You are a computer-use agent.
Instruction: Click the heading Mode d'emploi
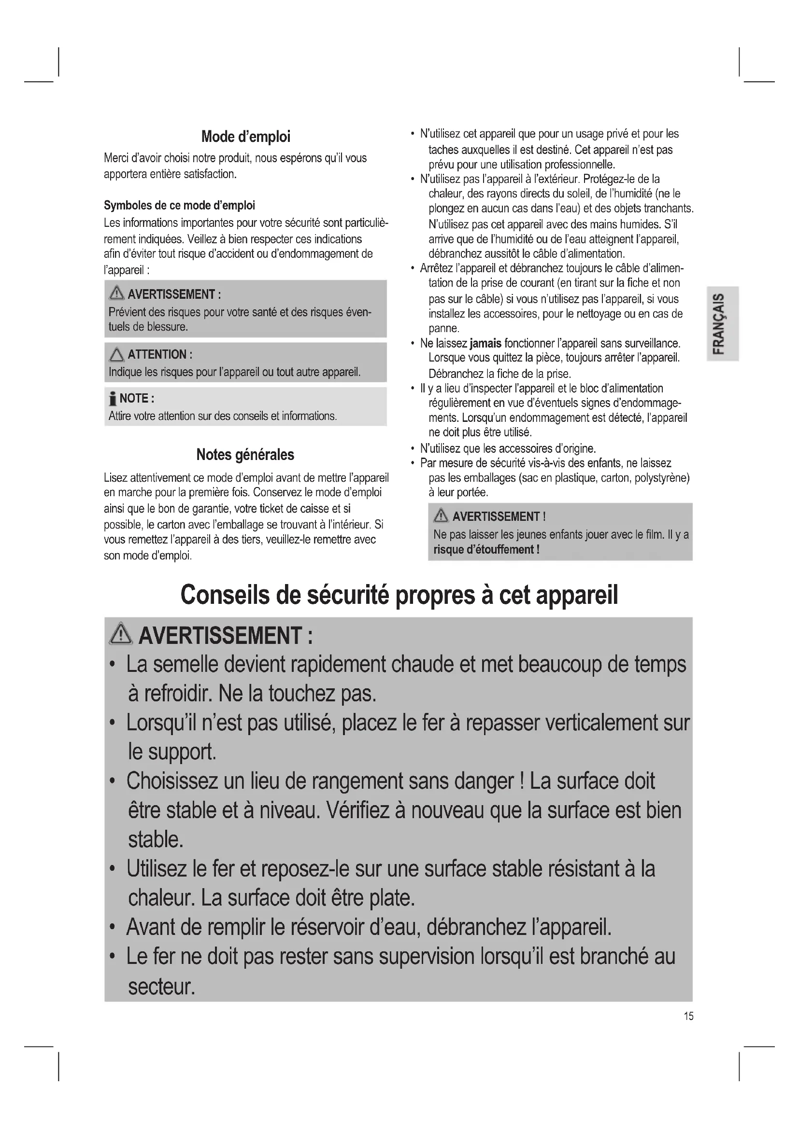click(x=245, y=137)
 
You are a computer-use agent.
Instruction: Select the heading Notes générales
click(x=245, y=454)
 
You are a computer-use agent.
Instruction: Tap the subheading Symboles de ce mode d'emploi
click(x=179, y=206)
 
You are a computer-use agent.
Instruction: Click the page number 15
click(x=688, y=1016)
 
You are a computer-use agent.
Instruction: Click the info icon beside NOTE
click(x=113, y=398)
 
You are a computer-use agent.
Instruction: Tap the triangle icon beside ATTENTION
click(x=116, y=355)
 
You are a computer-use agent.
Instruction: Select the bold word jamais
click(x=485, y=343)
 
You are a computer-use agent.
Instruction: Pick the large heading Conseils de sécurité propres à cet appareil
click(x=399, y=595)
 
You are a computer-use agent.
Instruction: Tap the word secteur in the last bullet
click(x=161, y=987)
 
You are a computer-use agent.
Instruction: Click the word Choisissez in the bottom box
click(x=171, y=781)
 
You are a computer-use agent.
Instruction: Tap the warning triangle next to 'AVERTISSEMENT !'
click(x=441, y=516)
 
